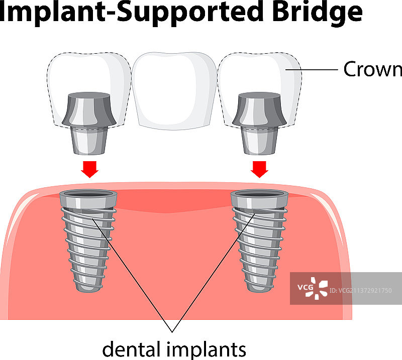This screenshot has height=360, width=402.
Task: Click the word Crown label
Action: pos(372,69)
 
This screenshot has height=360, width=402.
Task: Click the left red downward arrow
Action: pos(90,169)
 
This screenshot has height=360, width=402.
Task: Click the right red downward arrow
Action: pos(260,169)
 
